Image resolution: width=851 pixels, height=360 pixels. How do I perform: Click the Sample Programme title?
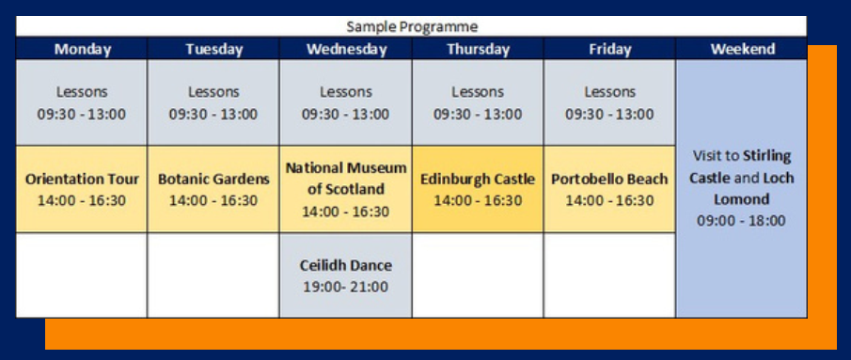pyautogui.click(x=412, y=26)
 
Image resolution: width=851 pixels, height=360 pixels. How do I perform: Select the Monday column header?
pyautogui.click(x=82, y=49)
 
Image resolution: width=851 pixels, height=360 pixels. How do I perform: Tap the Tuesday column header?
pyautogui.click(x=213, y=49)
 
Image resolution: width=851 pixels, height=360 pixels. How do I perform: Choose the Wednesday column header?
pyautogui.click(x=346, y=49)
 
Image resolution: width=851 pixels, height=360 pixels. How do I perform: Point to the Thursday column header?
pyautogui.click(x=478, y=49)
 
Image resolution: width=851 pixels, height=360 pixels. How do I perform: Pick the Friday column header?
pyautogui.click(x=609, y=49)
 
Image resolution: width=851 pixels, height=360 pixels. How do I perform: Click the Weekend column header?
pyautogui.click(x=741, y=49)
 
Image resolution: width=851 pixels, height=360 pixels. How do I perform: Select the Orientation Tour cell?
pyautogui.click(x=82, y=189)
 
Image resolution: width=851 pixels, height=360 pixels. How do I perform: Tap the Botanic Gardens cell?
pyautogui.click(x=213, y=189)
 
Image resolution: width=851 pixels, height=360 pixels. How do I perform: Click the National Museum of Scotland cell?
pyautogui.click(x=346, y=189)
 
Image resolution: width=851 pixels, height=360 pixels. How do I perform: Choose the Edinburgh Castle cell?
pyautogui.click(x=478, y=189)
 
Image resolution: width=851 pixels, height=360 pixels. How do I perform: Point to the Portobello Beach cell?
pyautogui.click(x=609, y=189)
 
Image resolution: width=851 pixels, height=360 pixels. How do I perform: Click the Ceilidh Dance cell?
pyautogui.click(x=346, y=275)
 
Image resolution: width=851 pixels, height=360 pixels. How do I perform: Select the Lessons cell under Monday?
pyautogui.click(x=82, y=102)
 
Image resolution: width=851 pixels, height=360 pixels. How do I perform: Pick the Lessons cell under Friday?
pyautogui.click(x=609, y=102)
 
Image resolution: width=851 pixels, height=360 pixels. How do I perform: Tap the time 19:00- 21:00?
pyautogui.click(x=346, y=287)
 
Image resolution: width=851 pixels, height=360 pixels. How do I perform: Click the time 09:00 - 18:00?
pyautogui.click(x=741, y=221)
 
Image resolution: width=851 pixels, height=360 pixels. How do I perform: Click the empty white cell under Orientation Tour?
pyautogui.click(x=82, y=275)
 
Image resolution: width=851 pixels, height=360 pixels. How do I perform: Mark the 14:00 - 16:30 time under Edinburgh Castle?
pyautogui.click(x=478, y=200)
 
